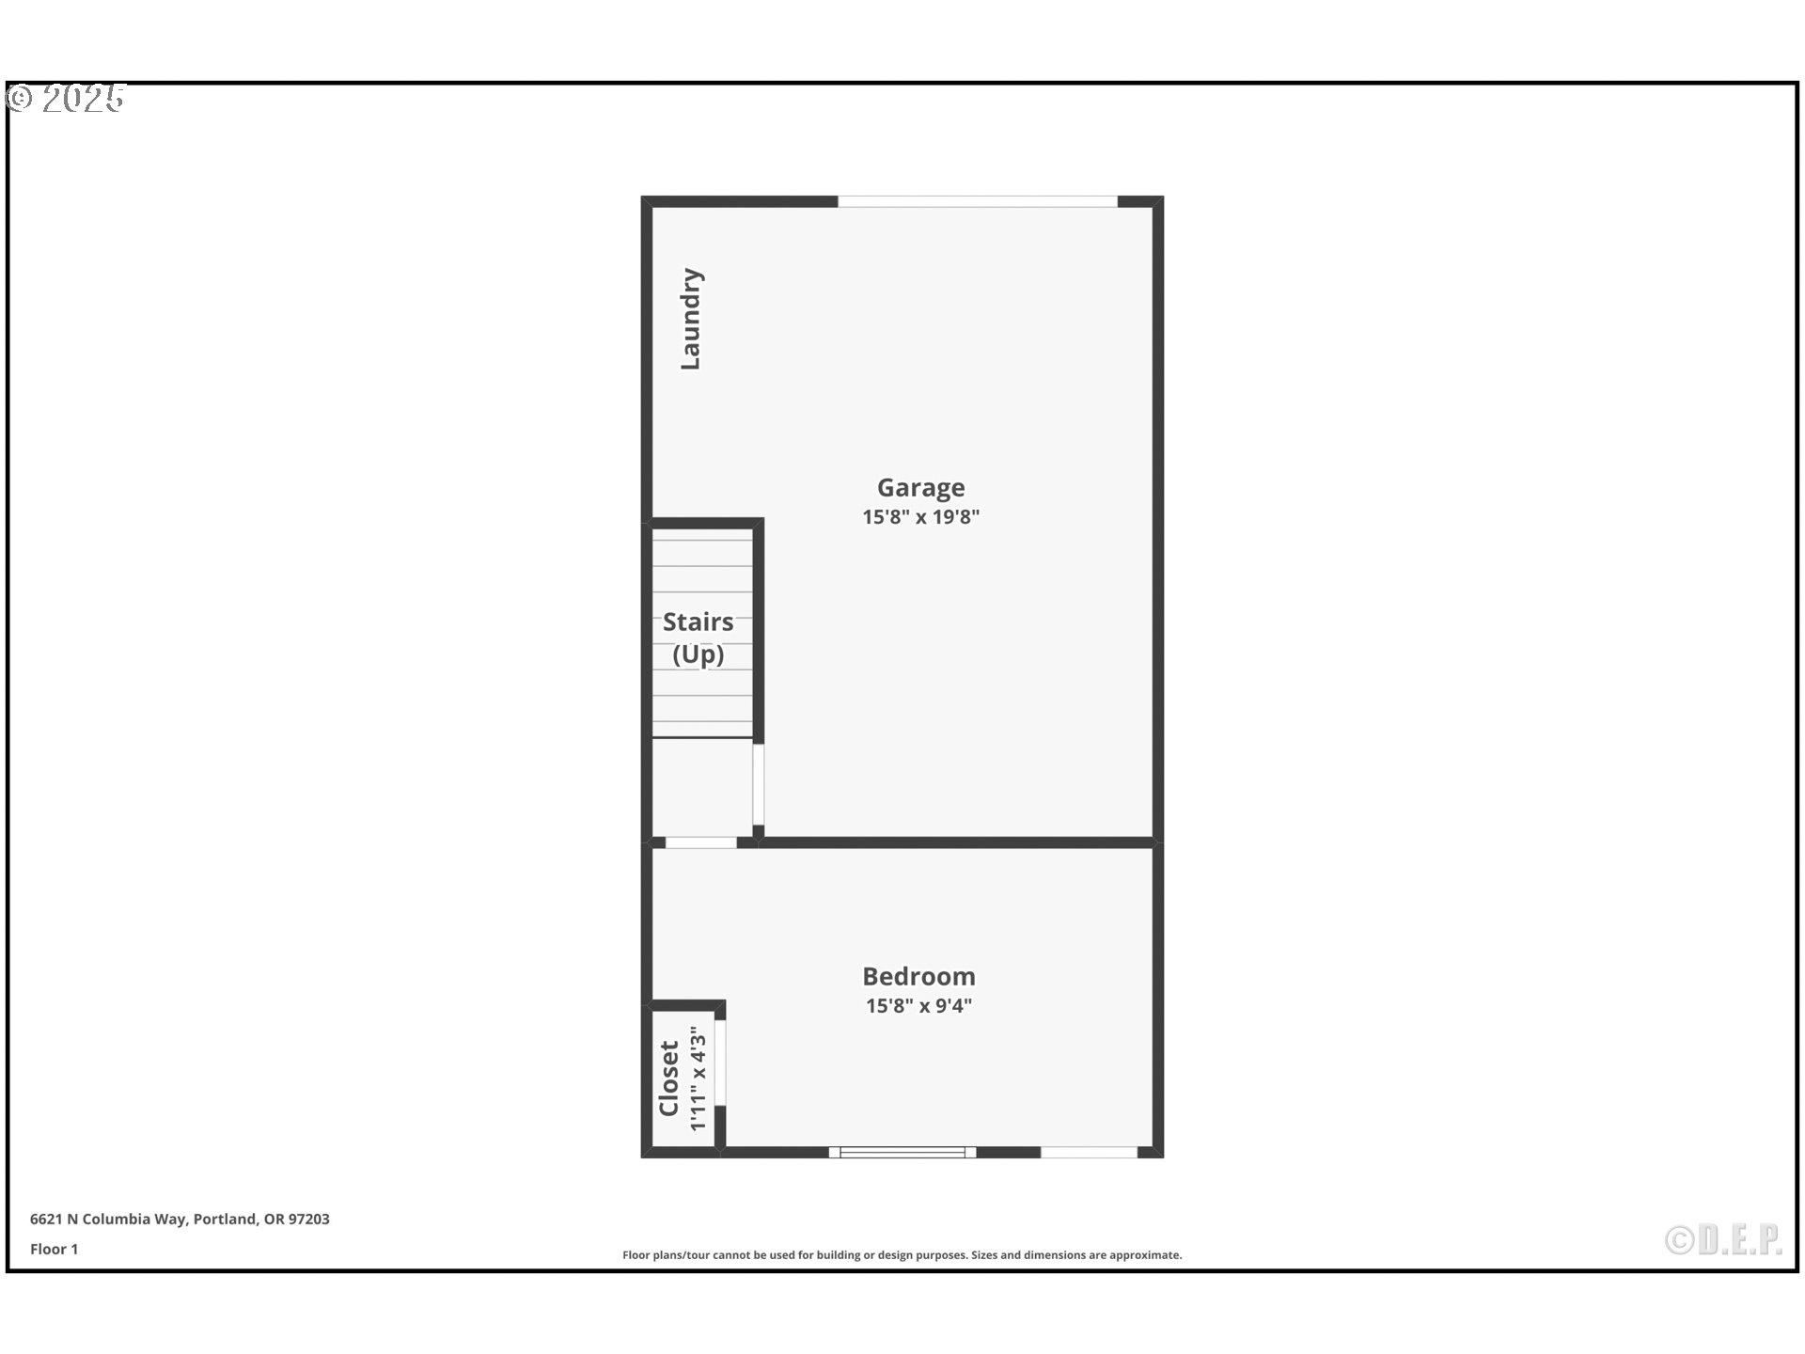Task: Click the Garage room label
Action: (920, 487)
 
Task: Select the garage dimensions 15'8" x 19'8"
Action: (920, 516)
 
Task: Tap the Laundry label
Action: (691, 319)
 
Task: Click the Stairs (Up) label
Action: (698, 638)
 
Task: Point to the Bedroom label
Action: (918, 976)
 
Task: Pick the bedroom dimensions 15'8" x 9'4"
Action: (918, 1005)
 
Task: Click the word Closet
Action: (668, 1078)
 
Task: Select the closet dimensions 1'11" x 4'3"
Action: (698, 1078)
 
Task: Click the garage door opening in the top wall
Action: (977, 201)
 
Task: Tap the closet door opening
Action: (720, 1063)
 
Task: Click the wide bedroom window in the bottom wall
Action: (902, 1152)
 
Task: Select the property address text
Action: (180, 1219)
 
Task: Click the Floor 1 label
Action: (54, 1249)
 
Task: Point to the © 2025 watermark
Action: (66, 99)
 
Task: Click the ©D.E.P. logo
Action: (1723, 1240)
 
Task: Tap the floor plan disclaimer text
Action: (902, 1254)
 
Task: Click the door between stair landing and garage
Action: (758, 784)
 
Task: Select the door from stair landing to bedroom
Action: (700, 842)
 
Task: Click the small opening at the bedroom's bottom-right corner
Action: (1089, 1152)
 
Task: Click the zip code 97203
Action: (308, 1219)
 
